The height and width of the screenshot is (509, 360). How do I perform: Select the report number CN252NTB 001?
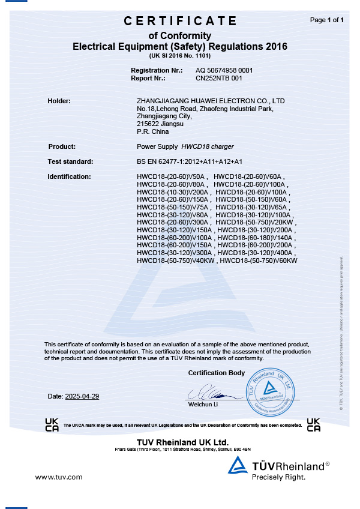click(219, 78)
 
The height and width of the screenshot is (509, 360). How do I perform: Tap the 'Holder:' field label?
click(59, 100)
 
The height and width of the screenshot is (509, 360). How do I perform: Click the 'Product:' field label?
click(61, 146)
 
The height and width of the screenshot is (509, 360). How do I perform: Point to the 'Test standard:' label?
click(70, 161)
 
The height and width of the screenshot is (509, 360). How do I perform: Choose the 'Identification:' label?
click(69, 176)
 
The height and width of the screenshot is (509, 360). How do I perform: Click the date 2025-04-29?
click(82, 396)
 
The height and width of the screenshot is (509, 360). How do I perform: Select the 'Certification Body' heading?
click(217, 373)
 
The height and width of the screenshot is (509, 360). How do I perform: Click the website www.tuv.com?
click(58, 477)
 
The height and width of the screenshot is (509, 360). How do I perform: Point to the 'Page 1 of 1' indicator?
click(326, 20)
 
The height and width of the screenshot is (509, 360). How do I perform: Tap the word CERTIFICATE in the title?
click(180, 21)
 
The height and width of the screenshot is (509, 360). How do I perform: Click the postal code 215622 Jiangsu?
click(159, 124)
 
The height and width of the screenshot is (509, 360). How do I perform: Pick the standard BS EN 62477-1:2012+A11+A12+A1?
click(190, 161)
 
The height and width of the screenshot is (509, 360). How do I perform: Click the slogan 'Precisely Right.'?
click(278, 477)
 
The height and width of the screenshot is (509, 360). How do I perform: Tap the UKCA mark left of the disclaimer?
click(52, 424)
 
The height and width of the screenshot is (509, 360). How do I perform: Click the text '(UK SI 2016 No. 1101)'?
click(180, 55)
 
